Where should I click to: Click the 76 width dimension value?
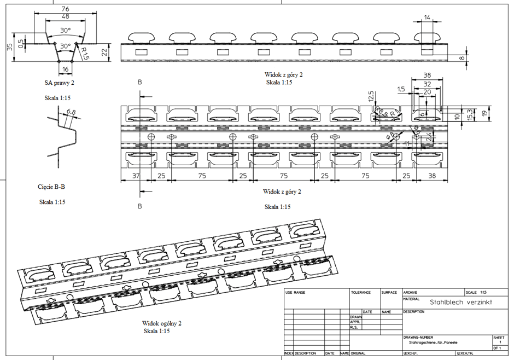click(x=65, y=9)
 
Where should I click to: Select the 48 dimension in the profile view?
click(x=65, y=17)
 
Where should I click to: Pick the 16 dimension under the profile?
click(x=65, y=69)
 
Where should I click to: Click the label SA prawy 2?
click(x=61, y=83)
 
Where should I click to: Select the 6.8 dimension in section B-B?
click(x=71, y=112)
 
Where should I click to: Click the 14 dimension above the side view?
click(x=427, y=18)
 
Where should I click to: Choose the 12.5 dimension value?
click(x=371, y=97)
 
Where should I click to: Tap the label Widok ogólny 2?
click(x=162, y=323)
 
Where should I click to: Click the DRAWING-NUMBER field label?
click(x=418, y=338)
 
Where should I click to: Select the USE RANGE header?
click(x=295, y=293)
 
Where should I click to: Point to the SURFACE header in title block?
click(x=389, y=293)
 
